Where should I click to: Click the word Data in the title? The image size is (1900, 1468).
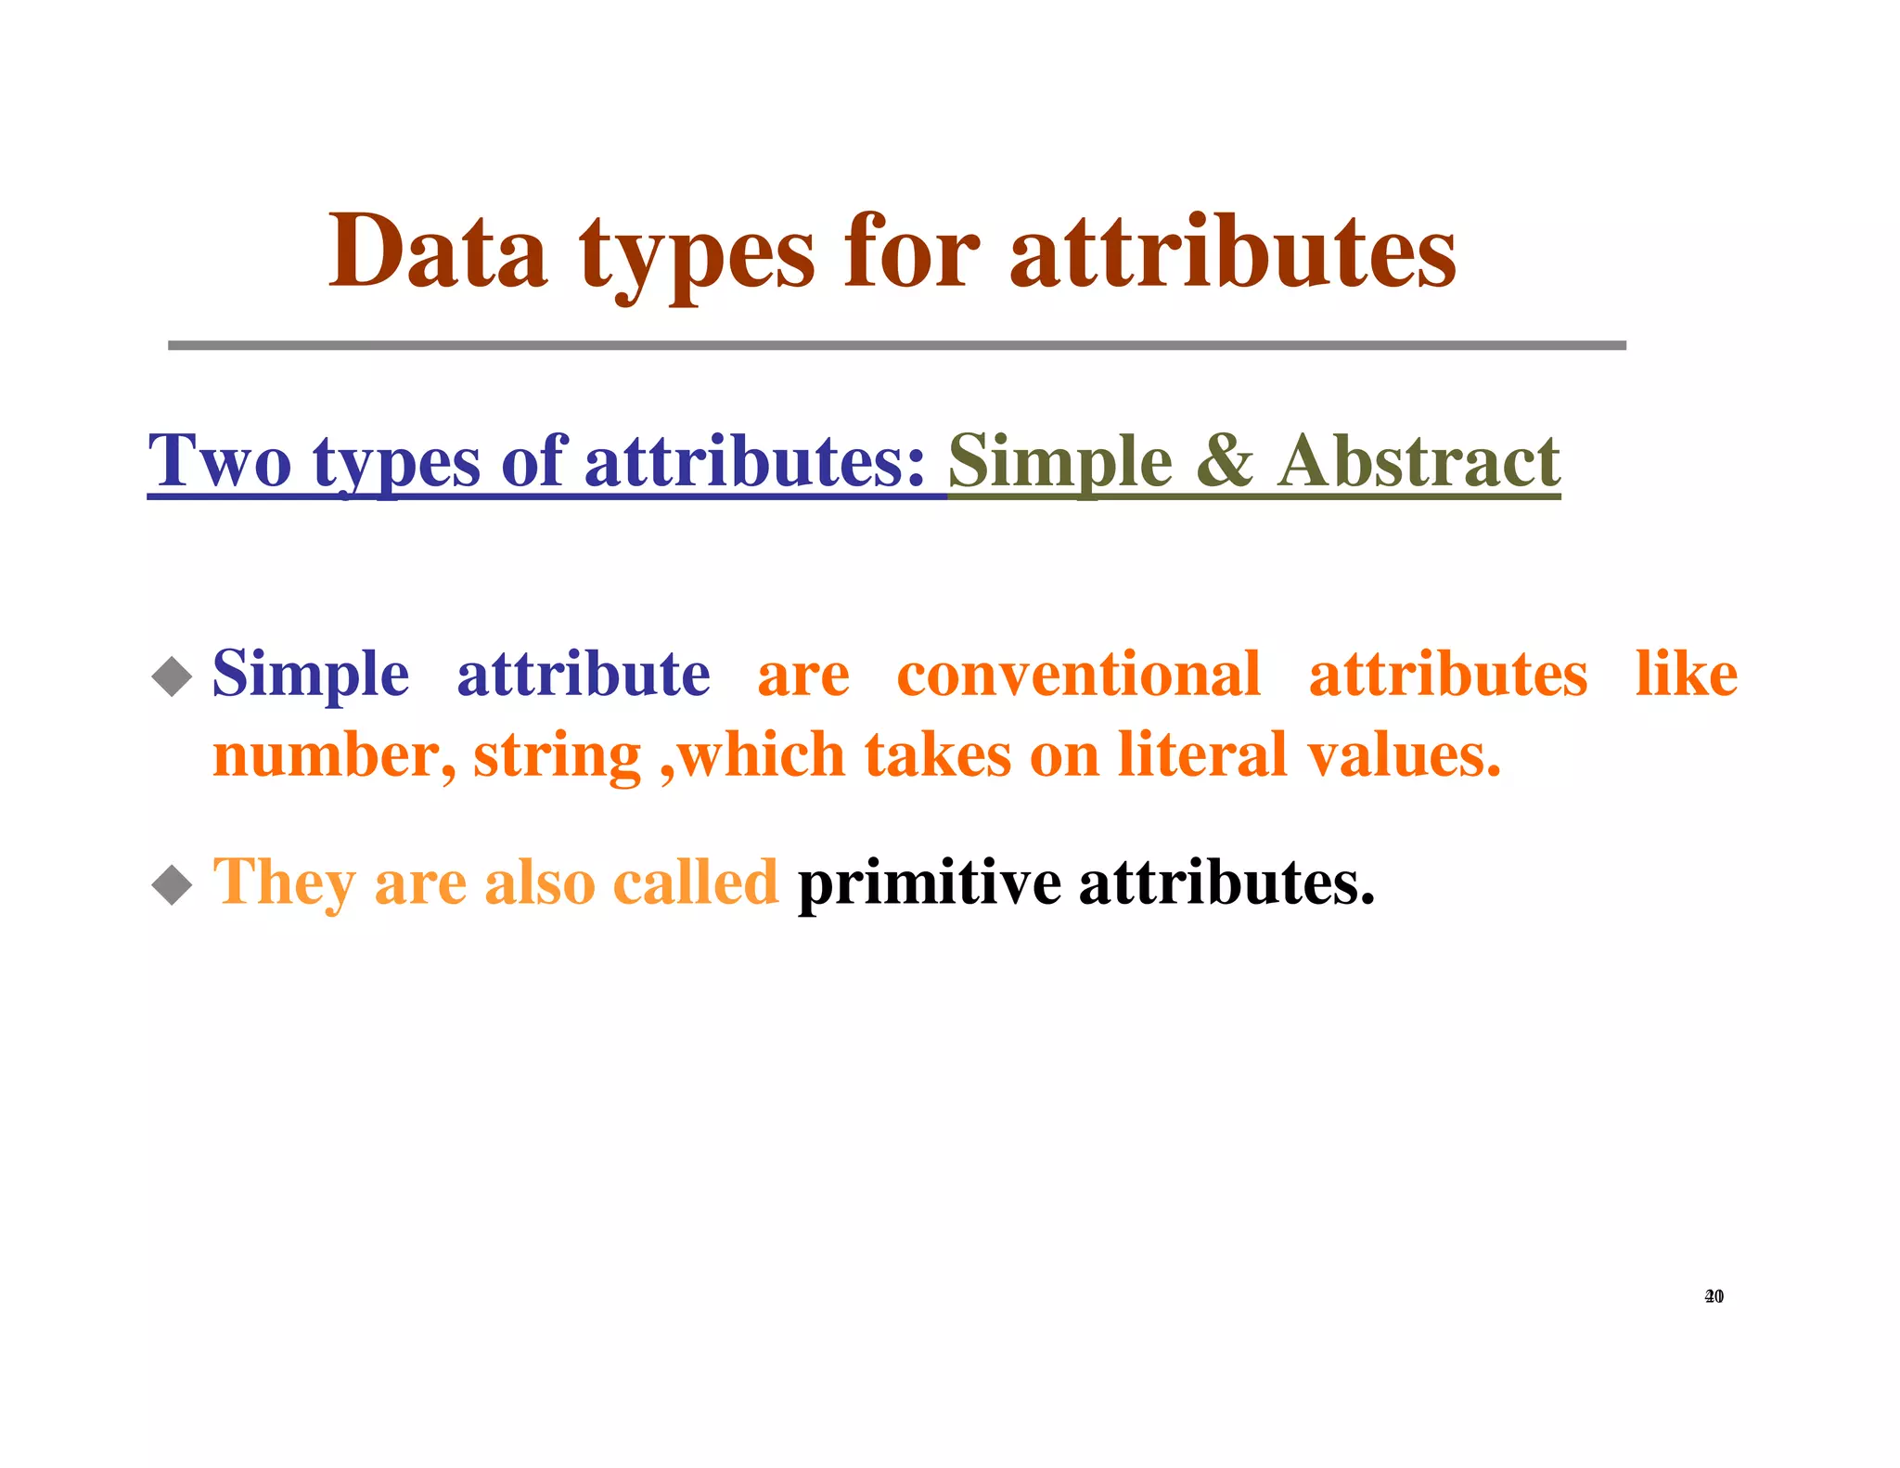pos(437,252)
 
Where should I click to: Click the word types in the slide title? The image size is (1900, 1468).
pos(697,255)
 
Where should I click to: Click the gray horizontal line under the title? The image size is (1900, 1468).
pos(896,345)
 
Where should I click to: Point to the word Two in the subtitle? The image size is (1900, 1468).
pos(220,461)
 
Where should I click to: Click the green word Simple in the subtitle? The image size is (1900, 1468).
pos(1059,463)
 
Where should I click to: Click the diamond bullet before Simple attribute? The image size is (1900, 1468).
pos(172,676)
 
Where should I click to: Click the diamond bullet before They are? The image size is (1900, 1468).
pos(172,884)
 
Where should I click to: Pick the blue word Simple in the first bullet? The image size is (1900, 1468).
pos(310,675)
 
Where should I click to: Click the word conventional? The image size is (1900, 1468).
pos(1078,675)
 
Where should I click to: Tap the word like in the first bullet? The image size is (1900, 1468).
pos(1685,675)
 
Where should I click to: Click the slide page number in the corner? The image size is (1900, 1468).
pos(1714,1296)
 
